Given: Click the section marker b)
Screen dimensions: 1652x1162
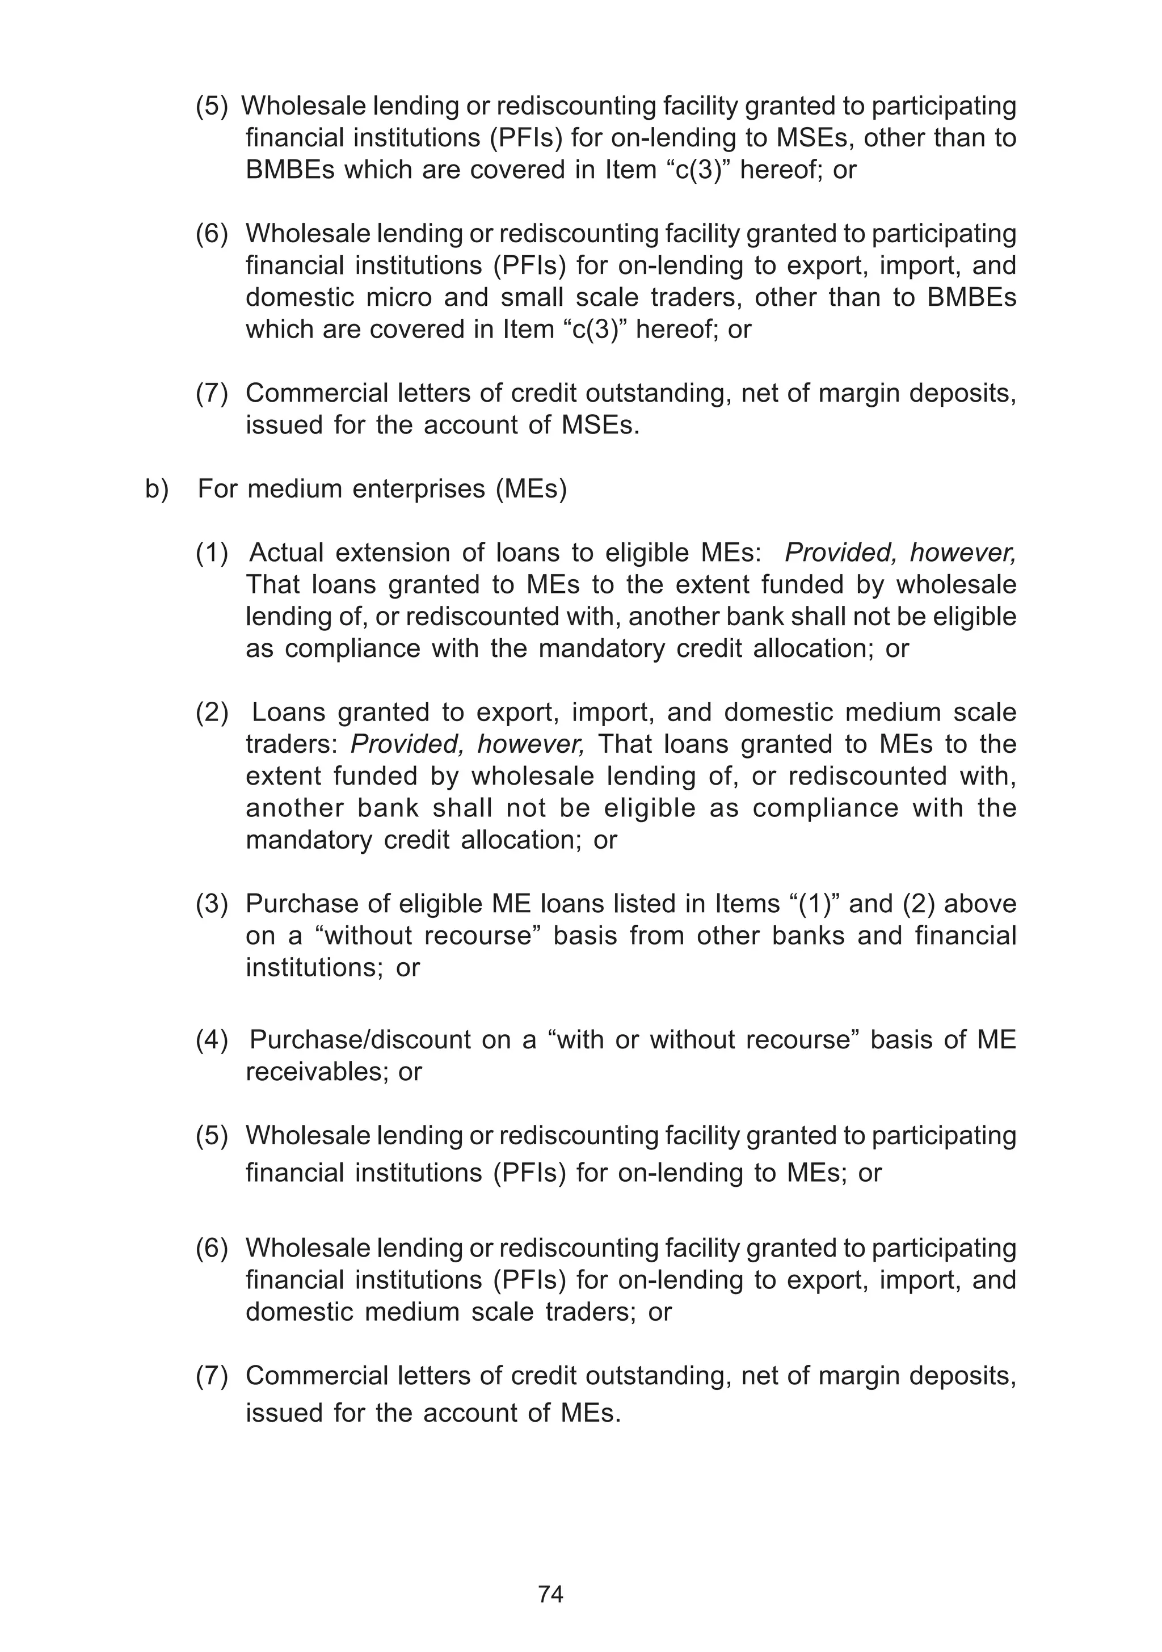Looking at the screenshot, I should click(x=157, y=489).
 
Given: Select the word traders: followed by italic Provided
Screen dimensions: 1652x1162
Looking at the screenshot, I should click(x=292, y=744).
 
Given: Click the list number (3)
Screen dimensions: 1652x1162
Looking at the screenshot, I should click(x=212, y=904).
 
